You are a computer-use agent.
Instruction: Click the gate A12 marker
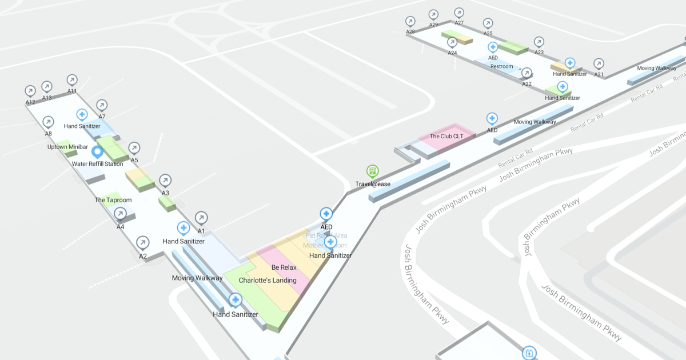tap(30, 91)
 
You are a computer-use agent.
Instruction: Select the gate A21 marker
tap(599, 63)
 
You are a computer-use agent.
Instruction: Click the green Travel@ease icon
tap(372, 171)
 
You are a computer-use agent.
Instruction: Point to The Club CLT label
tap(446, 137)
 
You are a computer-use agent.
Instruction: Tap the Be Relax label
tap(284, 267)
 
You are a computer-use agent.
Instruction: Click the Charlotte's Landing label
tap(268, 281)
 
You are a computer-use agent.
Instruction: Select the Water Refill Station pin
tap(97, 152)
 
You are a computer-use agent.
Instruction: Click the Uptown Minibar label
tap(67, 147)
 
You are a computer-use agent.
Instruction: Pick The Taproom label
tap(113, 200)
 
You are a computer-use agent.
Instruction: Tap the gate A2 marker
tap(143, 243)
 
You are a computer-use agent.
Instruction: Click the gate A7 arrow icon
tap(102, 105)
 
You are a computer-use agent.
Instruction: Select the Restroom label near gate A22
tap(502, 66)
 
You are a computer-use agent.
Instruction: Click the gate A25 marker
tap(488, 23)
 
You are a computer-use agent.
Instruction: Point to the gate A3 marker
tap(165, 181)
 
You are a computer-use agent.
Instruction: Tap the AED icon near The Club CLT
tap(492, 118)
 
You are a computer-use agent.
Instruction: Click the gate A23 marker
tap(539, 42)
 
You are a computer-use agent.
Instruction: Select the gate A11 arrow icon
tap(72, 80)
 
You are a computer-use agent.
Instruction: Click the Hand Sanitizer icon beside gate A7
tap(82, 114)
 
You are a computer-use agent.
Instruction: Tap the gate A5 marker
tap(134, 149)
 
